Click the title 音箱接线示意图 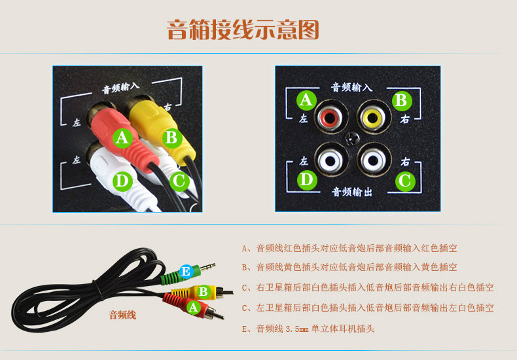[x=243, y=30]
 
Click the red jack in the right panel [x=331, y=117]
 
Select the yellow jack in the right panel [x=374, y=117]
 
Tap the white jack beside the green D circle [x=331, y=160]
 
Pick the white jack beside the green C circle [x=374, y=160]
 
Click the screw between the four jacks [x=353, y=139]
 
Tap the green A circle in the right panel [x=306, y=101]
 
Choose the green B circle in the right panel [x=402, y=101]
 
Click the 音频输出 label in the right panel [x=352, y=192]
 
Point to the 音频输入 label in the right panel [x=352, y=87]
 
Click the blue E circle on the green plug [x=187, y=272]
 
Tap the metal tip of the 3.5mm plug [x=207, y=266]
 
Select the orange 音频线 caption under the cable [x=122, y=315]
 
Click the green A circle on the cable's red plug [x=194, y=308]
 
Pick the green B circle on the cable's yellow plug [x=204, y=292]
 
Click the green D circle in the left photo [x=122, y=182]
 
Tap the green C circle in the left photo [x=180, y=181]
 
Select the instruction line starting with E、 [x=308, y=329]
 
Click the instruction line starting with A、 [x=349, y=248]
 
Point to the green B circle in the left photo [x=172, y=138]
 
